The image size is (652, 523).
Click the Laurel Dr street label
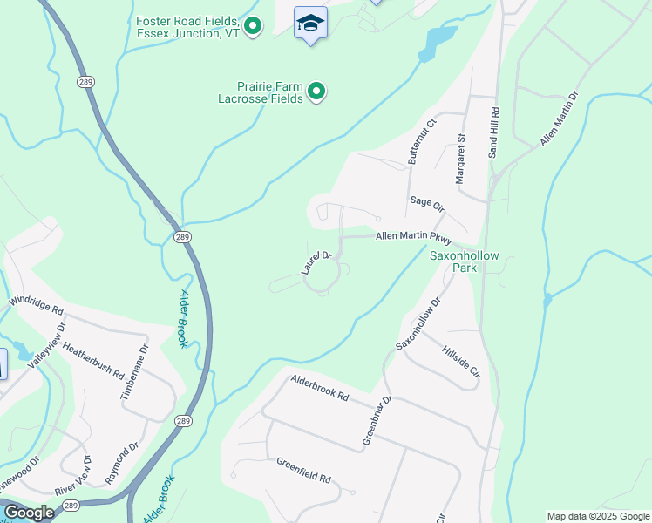pyautogui.click(x=317, y=262)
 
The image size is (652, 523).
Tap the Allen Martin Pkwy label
pyautogui.click(x=414, y=237)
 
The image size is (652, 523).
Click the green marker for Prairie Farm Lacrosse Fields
pyautogui.click(x=317, y=91)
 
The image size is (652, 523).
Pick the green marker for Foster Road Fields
pyautogui.click(x=253, y=26)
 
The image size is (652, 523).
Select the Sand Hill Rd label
pyautogui.click(x=493, y=132)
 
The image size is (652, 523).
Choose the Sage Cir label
pyautogui.click(x=427, y=206)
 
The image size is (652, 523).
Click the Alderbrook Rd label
pyautogui.click(x=320, y=388)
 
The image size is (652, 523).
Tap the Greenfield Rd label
pyautogui.click(x=304, y=472)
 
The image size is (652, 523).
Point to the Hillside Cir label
pyautogui.click(x=461, y=360)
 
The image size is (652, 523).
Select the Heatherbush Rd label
pyautogui.click(x=92, y=360)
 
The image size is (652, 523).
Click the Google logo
pyautogui.click(x=30, y=513)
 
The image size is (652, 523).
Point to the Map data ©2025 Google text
pyautogui.click(x=597, y=516)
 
